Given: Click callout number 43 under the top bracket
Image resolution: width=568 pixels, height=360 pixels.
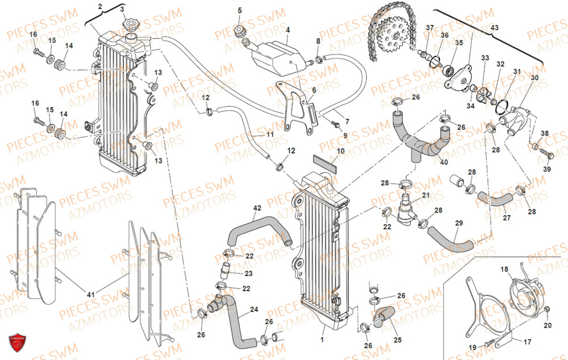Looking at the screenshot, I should [494, 28].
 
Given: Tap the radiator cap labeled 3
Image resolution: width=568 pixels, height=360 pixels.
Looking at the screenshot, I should [132, 27].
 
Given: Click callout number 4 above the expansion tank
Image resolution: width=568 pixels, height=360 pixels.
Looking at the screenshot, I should [287, 30].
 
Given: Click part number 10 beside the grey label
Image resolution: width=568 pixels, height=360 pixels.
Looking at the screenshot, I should [341, 151].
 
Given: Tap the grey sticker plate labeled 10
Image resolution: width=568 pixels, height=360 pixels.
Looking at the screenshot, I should [325, 161].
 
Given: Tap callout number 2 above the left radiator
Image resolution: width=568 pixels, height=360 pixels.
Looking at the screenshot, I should [100, 6].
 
